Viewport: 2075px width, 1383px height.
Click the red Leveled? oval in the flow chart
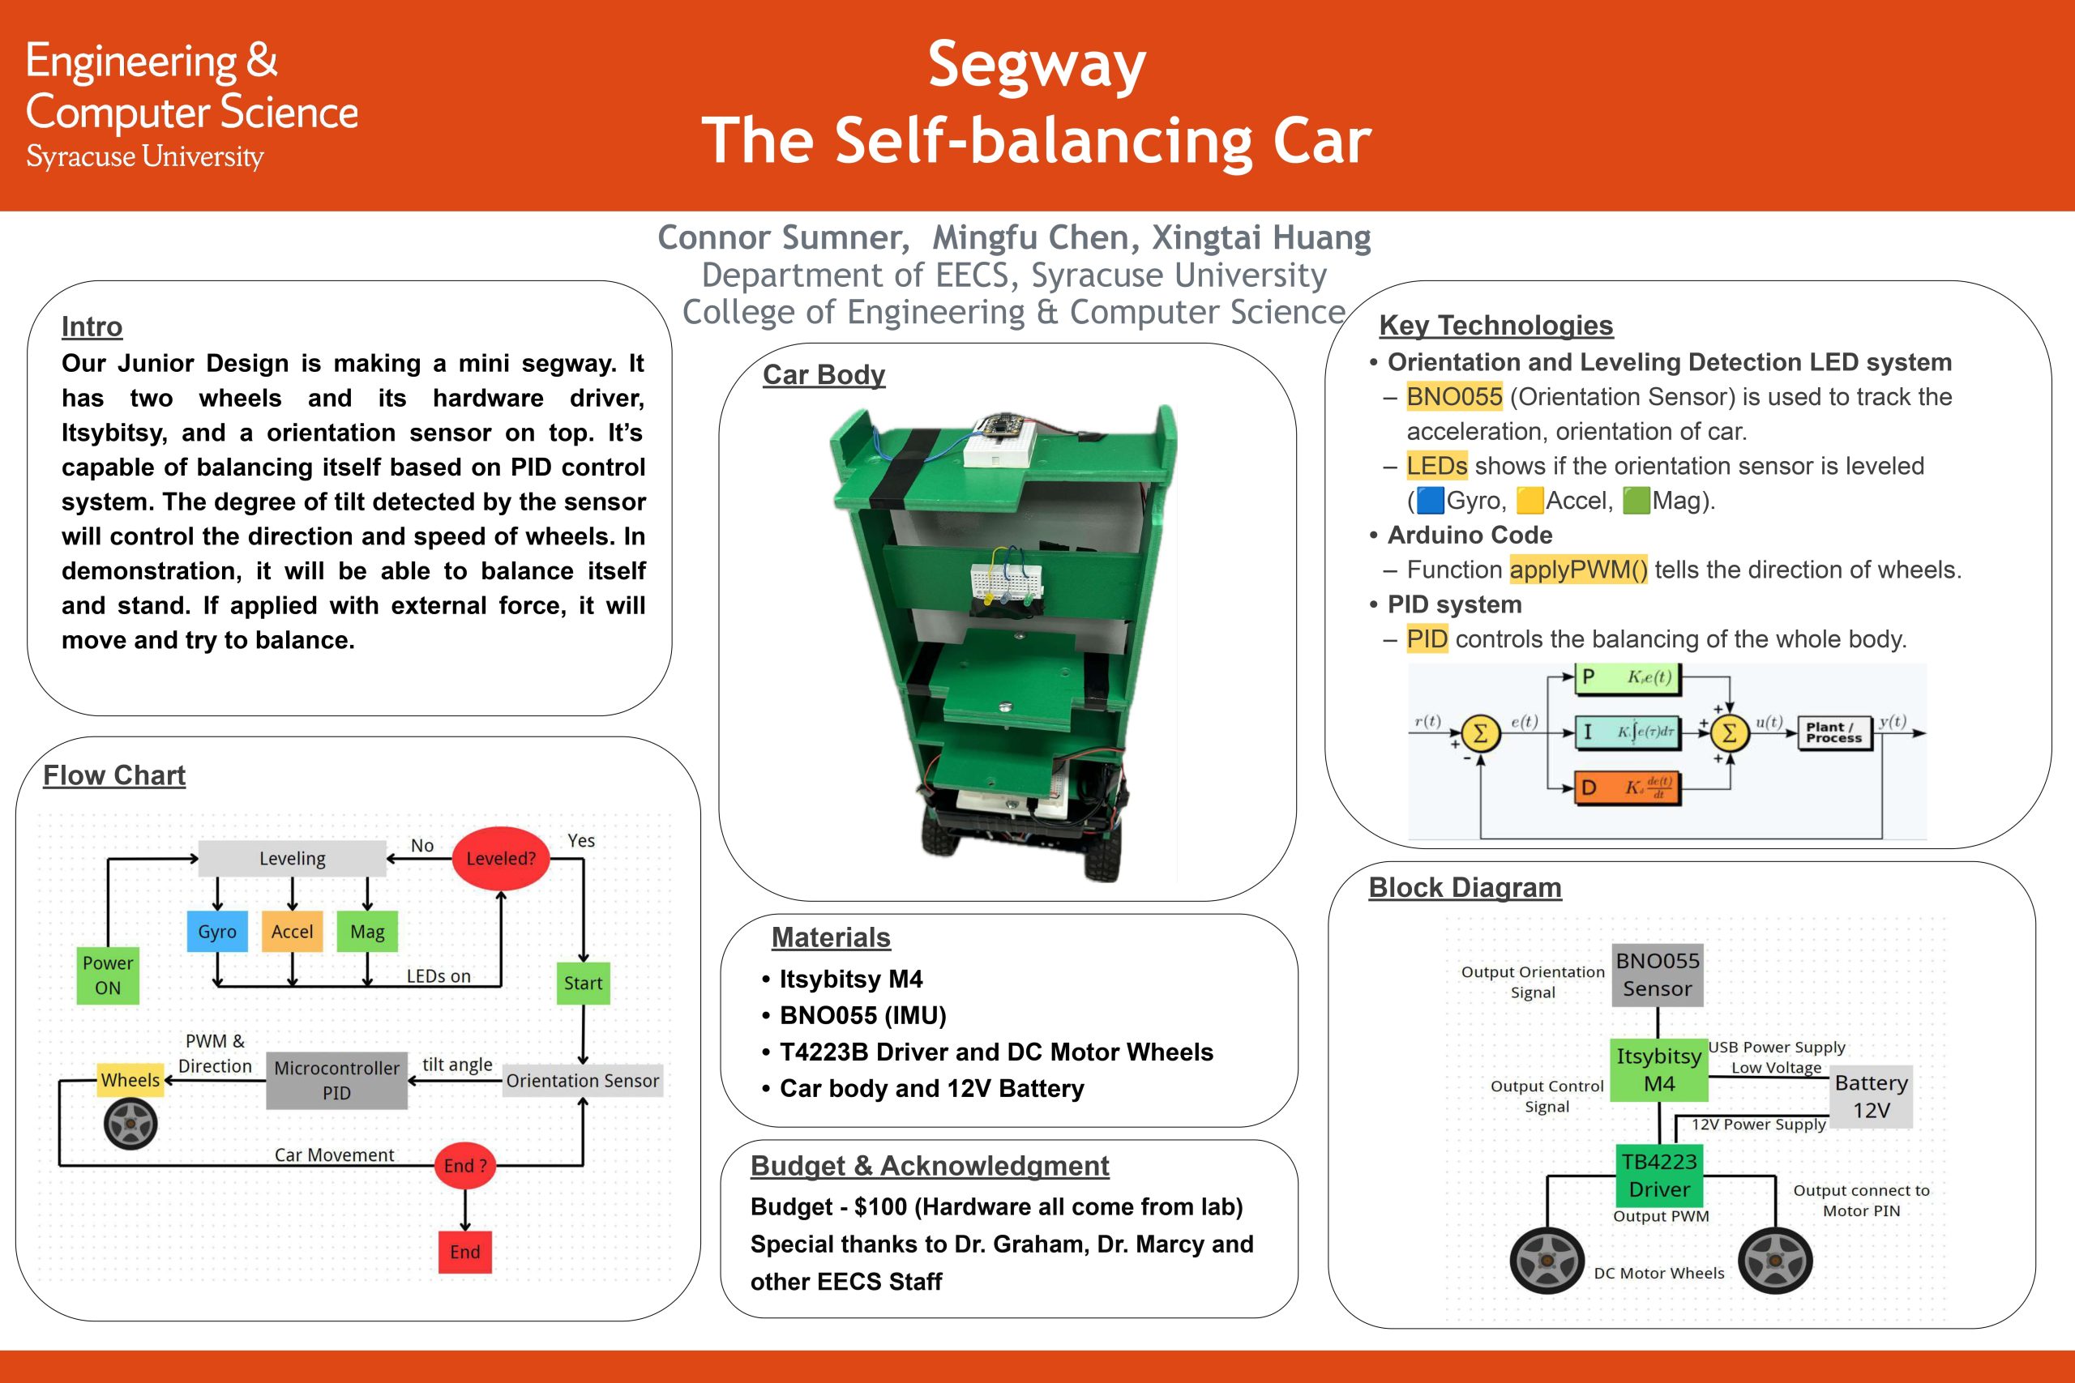pos(500,858)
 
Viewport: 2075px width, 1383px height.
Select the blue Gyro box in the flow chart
pos(217,932)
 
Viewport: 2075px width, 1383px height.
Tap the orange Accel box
pos(292,932)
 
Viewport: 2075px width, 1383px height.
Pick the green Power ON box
pos(108,975)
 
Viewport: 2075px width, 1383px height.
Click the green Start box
pos(583,983)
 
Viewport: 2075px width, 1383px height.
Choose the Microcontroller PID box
pos(336,1080)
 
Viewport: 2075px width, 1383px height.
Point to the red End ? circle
pos(465,1165)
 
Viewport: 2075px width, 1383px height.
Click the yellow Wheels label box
pos(130,1080)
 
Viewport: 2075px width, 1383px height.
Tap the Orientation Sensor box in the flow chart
pos(582,1081)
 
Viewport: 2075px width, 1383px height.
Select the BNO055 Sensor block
pos(1657,975)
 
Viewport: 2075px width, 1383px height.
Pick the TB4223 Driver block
pos(1658,1175)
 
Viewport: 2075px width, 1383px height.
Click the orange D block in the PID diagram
pos(1627,787)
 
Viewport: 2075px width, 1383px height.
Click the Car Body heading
pos(824,375)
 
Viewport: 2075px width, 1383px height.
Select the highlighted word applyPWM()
pos(1577,570)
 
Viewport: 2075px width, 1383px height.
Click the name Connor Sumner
pos(782,237)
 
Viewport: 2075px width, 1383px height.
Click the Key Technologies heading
pos(1495,326)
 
